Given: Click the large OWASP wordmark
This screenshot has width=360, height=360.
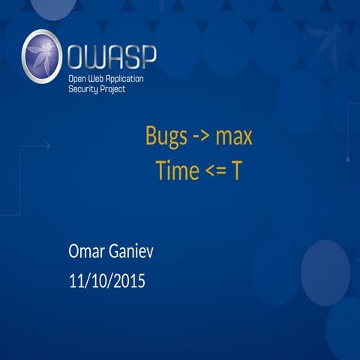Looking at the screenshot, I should coord(112,56).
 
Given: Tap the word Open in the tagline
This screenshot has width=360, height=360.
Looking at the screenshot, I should coord(78,79).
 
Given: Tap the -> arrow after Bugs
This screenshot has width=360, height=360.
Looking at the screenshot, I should coord(197,138).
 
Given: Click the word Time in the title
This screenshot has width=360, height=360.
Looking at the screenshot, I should coord(173,170).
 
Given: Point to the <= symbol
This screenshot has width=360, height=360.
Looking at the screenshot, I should coord(213,171).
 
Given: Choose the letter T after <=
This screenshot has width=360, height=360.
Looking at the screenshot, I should coord(235,170).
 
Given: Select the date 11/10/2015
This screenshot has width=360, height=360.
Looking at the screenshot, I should coord(106,282).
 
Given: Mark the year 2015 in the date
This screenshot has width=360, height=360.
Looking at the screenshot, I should coord(128,282).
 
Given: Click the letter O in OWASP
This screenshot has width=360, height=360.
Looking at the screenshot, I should coord(76,56).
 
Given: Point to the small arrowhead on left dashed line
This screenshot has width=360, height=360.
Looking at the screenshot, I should coord(49,146).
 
